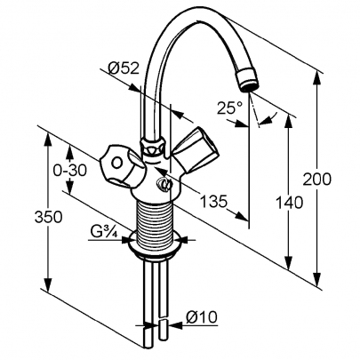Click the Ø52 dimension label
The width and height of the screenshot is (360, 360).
(124, 68)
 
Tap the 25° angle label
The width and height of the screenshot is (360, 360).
(228, 108)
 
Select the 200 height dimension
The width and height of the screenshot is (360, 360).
(316, 180)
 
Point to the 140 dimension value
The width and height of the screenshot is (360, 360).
(289, 203)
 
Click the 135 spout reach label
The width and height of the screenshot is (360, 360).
(214, 202)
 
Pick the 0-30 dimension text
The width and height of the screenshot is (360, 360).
(69, 171)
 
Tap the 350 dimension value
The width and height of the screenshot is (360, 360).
(48, 217)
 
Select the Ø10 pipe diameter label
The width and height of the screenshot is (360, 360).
(202, 317)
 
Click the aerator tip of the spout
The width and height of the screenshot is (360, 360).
(247, 80)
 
